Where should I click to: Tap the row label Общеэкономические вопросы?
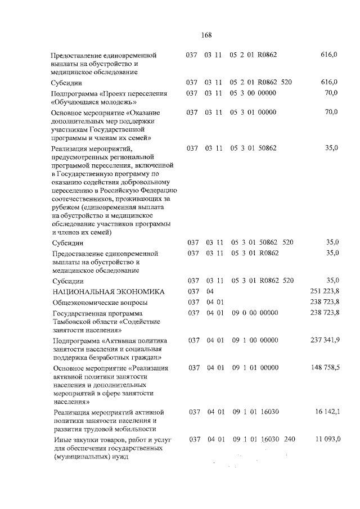(96, 302)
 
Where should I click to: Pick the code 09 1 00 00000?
(255, 340)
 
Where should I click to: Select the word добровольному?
(150, 182)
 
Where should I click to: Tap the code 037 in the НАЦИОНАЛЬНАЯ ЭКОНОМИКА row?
(193, 291)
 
